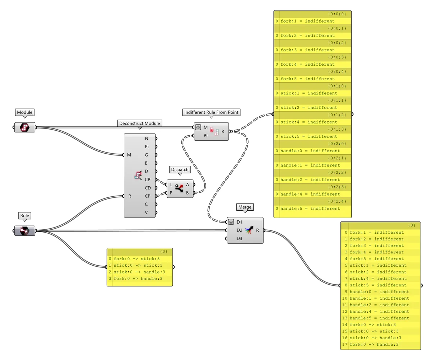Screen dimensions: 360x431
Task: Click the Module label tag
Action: tap(24, 112)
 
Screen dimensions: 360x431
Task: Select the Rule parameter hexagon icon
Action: tap(25, 230)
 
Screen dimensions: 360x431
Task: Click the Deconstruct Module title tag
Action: tap(140, 123)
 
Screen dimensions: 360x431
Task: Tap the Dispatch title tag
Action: tap(179, 169)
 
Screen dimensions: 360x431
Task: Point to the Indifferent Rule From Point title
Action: tap(211, 112)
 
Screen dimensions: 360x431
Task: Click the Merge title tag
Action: tap(245, 207)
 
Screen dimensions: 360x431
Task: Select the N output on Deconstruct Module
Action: tap(147, 138)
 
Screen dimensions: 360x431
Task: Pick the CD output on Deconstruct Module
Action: tap(148, 188)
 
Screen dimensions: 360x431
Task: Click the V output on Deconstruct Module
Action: tap(147, 212)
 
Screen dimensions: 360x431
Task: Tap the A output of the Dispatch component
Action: tap(187, 184)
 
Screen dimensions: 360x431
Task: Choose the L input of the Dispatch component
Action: tap(171, 184)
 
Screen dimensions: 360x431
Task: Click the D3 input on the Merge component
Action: tap(239, 238)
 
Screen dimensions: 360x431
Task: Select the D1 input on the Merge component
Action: tap(239, 222)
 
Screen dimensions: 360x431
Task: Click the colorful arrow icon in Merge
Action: tap(249, 230)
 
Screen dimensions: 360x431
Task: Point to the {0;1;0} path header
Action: tap(312, 86)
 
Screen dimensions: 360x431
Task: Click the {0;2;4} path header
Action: tap(312, 201)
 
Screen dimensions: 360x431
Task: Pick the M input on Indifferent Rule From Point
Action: tap(205, 127)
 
